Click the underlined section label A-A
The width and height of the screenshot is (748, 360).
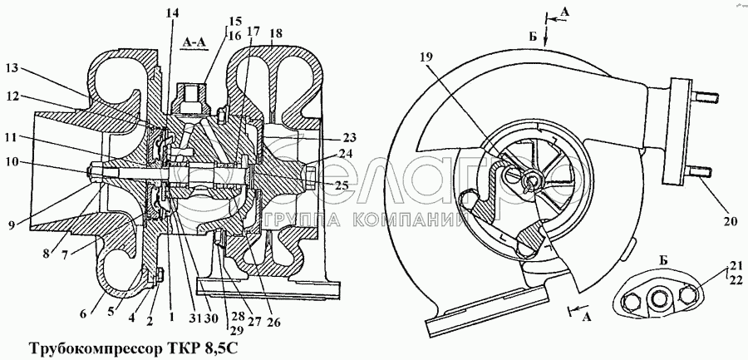point(198,40)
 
